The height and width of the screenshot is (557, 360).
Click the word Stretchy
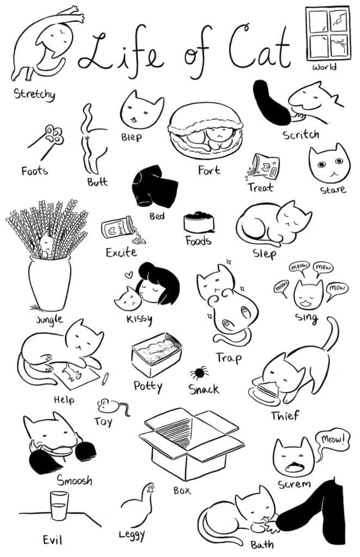[x=34, y=95]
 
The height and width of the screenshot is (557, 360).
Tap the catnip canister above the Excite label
[x=118, y=227]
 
